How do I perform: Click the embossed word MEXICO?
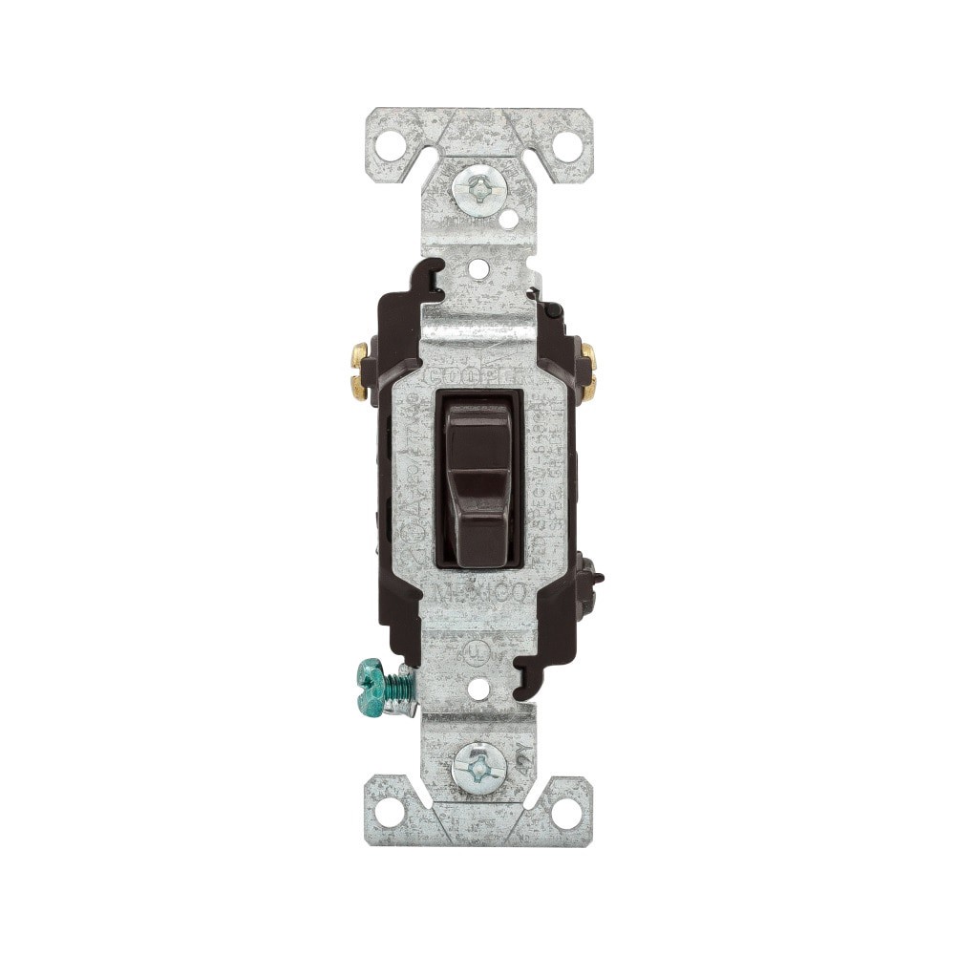(477, 594)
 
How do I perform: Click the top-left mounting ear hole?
(388, 146)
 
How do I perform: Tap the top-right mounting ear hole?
(567, 146)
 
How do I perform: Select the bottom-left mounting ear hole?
(388, 814)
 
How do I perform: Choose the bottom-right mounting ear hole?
(566, 814)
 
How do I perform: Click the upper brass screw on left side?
(359, 356)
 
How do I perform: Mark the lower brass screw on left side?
(359, 386)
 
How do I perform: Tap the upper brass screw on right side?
(589, 357)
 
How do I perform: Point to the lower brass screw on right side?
(589, 386)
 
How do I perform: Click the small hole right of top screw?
(508, 220)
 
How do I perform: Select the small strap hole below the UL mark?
(478, 688)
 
